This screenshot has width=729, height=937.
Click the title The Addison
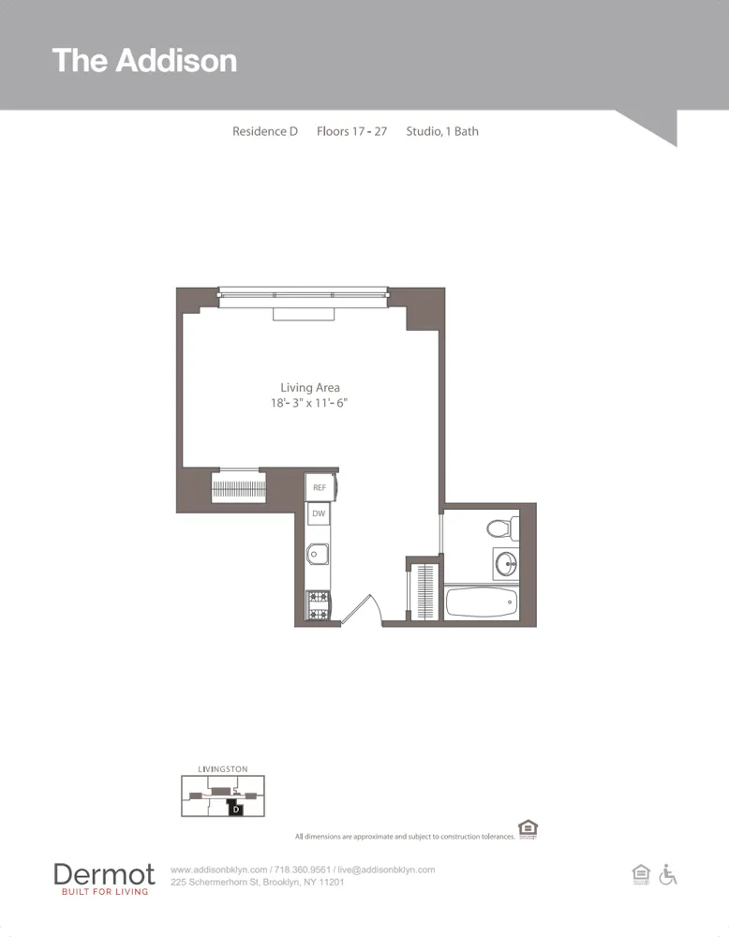[144, 60]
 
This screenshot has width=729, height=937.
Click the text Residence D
[265, 131]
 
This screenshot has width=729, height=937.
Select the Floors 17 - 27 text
[351, 131]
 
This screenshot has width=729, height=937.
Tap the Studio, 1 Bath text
[442, 131]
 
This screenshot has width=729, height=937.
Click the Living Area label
[310, 387]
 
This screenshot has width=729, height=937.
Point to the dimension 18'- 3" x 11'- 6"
[310, 403]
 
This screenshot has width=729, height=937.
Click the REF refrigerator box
[320, 487]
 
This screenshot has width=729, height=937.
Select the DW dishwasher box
[319, 513]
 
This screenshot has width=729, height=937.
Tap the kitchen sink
[319, 554]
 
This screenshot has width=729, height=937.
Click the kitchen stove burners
[319, 605]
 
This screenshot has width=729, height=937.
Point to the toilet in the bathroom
[502, 528]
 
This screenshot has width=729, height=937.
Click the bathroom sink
[507, 564]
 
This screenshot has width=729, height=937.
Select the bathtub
[481, 602]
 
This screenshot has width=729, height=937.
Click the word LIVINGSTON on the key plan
[223, 769]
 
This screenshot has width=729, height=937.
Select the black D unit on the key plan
[236, 809]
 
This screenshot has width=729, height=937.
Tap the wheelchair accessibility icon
[668, 874]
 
